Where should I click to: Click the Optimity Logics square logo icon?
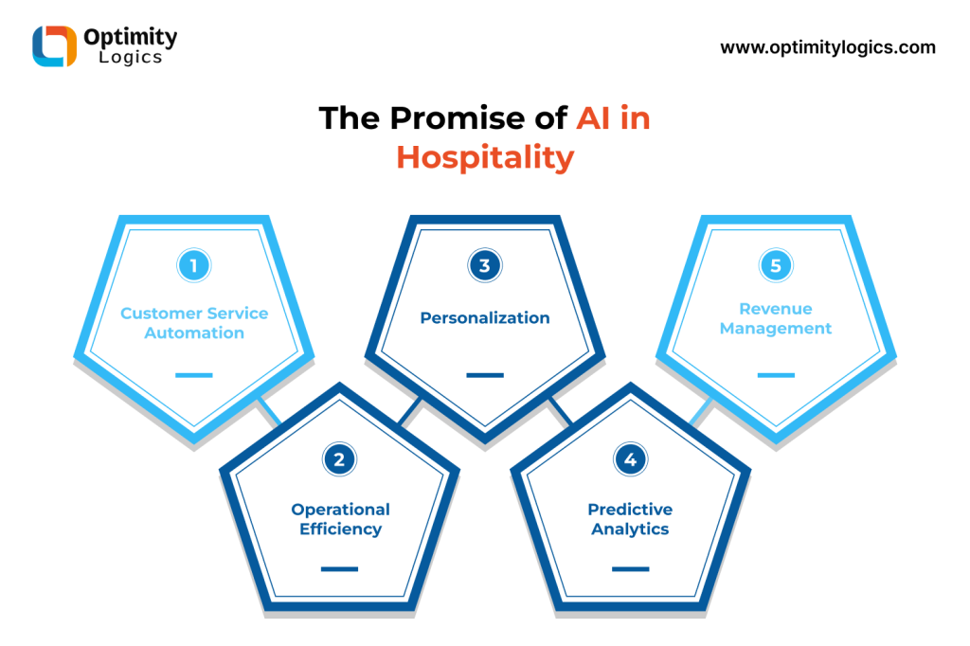click(x=54, y=45)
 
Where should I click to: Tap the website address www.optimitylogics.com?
click(x=828, y=47)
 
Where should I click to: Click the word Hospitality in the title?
click(x=485, y=157)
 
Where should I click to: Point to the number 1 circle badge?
click(x=193, y=265)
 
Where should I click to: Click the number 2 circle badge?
click(x=339, y=459)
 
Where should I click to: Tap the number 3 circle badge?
click(x=485, y=265)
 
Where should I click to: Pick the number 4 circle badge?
click(x=630, y=459)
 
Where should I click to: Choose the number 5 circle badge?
click(x=776, y=265)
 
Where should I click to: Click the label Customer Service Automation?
click(x=194, y=323)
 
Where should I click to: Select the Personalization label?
click(x=485, y=317)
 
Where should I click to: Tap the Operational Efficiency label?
click(x=340, y=518)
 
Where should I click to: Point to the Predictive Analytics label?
click(x=630, y=518)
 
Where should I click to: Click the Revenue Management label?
click(x=776, y=318)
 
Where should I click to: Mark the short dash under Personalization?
click(x=485, y=375)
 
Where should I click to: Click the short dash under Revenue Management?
click(x=776, y=375)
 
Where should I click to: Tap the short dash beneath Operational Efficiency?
click(x=339, y=568)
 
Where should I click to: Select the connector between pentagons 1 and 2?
click(x=270, y=410)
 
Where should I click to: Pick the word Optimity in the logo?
click(x=131, y=37)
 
